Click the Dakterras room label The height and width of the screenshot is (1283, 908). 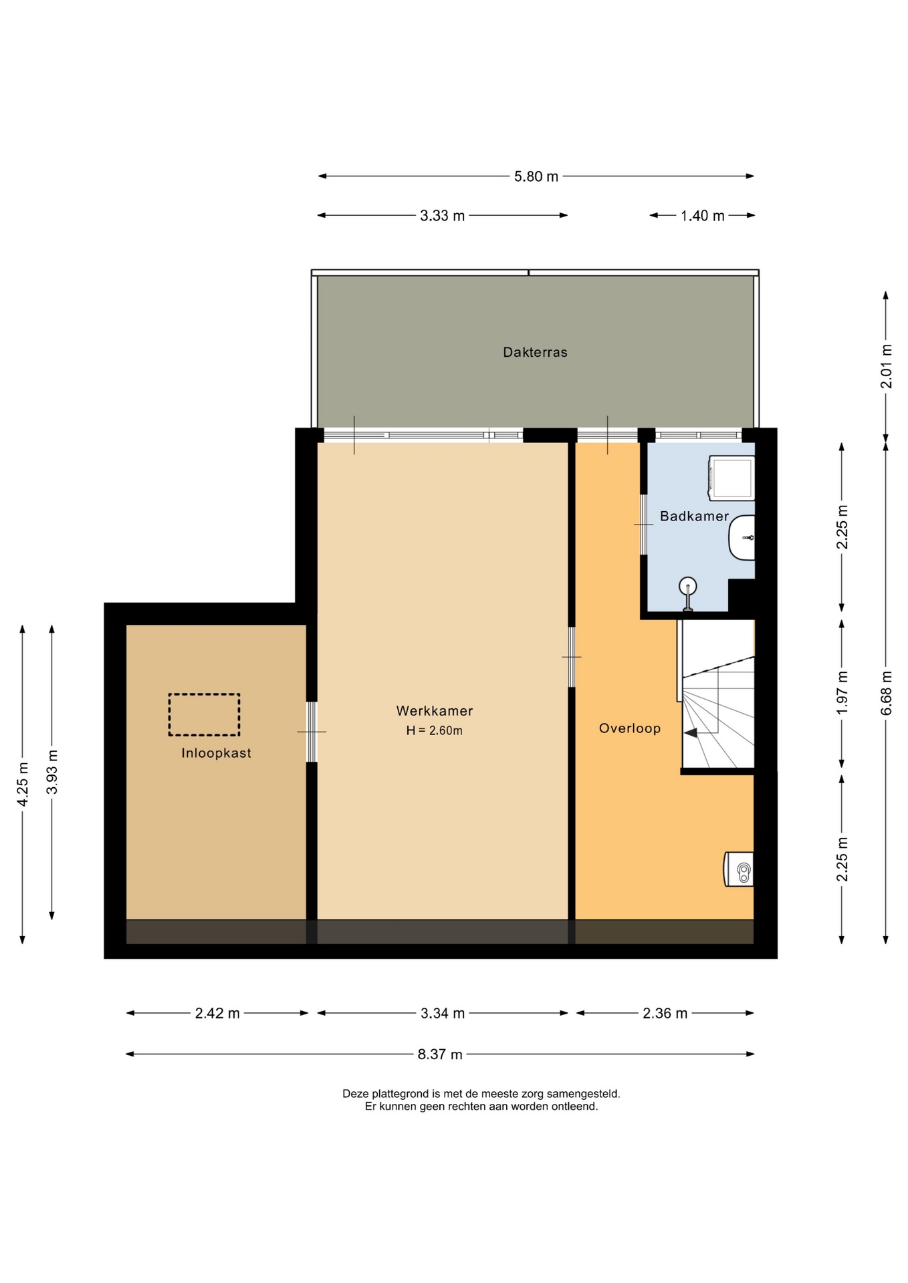[x=535, y=352]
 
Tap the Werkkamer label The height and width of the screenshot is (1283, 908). [x=435, y=711]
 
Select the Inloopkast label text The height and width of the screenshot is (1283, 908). [x=216, y=753]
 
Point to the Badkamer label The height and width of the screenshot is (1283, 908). [x=694, y=516]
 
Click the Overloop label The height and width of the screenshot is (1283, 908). [x=630, y=728]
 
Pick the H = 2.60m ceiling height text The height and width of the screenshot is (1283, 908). [x=435, y=731]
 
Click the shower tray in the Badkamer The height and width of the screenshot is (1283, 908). [x=731, y=478]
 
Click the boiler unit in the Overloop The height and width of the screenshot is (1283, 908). [x=739, y=869]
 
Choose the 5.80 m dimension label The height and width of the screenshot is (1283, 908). [x=536, y=177]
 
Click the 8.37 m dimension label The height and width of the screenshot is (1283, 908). [x=440, y=1054]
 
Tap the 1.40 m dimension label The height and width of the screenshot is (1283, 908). [x=703, y=216]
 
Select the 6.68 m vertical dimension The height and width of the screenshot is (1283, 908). [x=887, y=693]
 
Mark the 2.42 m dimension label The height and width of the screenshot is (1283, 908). [x=217, y=1013]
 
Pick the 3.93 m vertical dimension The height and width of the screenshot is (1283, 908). [x=52, y=772]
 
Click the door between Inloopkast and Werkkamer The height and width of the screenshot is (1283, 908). [x=312, y=732]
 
